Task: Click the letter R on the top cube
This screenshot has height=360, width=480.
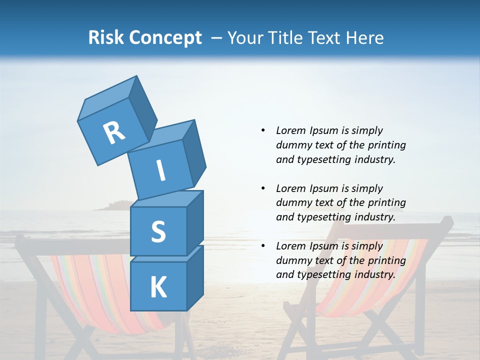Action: click(x=114, y=133)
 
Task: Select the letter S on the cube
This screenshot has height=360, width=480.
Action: click(x=158, y=231)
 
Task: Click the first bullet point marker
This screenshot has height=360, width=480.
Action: click(x=263, y=130)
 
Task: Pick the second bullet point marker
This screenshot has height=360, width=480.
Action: click(x=263, y=188)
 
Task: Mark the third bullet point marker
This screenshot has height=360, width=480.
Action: click(x=263, y=246)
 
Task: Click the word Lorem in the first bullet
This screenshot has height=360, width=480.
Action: click(x=290, y=130)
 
